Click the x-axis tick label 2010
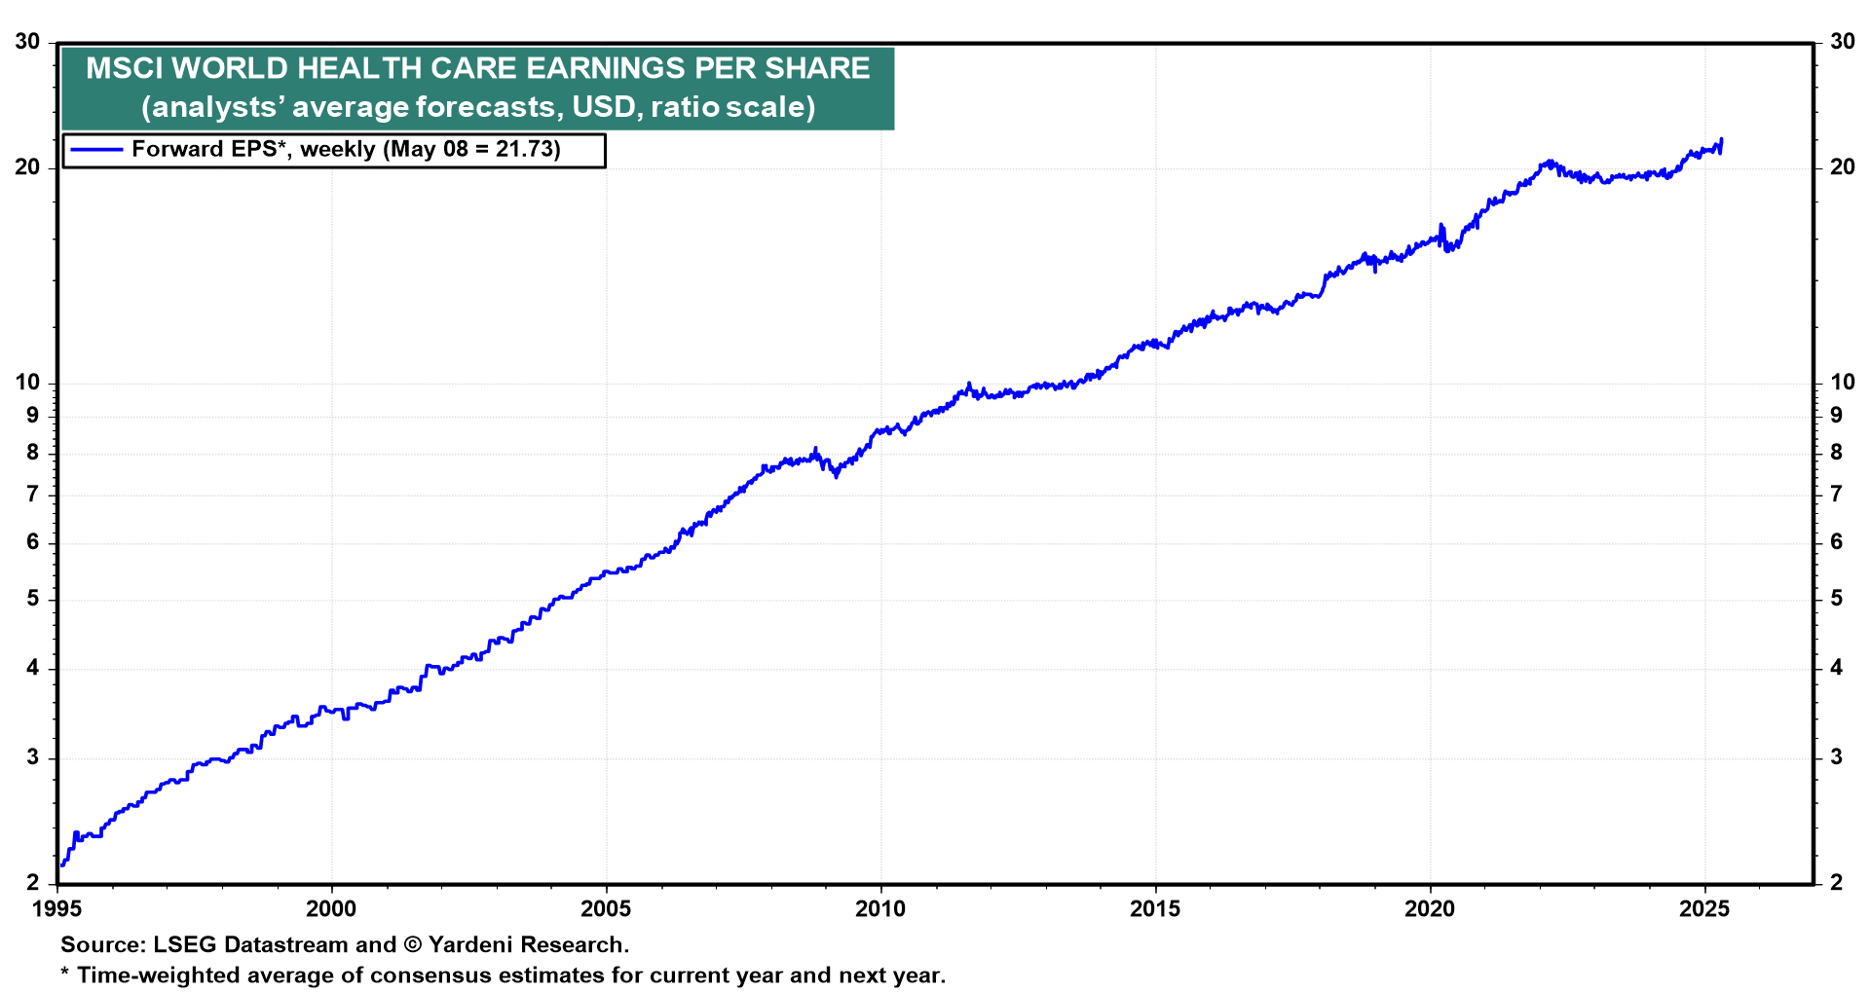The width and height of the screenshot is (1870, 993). [x=879, y=909]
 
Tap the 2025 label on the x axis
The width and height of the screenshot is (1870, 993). [x=1704, y=909]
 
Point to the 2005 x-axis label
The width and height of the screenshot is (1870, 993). [x=606, y=909]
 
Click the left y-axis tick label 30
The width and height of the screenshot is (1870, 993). [x=27, y=42]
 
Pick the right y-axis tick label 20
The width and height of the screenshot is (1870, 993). [x=1842, y=167]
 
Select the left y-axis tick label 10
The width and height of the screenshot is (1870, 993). [x=27, y=383]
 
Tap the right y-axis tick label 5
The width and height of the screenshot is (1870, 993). [x=1836, y=599]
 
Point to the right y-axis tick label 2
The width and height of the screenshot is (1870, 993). [x=1836, y=883]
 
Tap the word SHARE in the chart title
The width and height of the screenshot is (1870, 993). [x=819, y=68]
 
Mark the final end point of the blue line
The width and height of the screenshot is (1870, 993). [x=1721, y=139]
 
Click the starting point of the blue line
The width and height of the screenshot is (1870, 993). [x=61, y=864]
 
